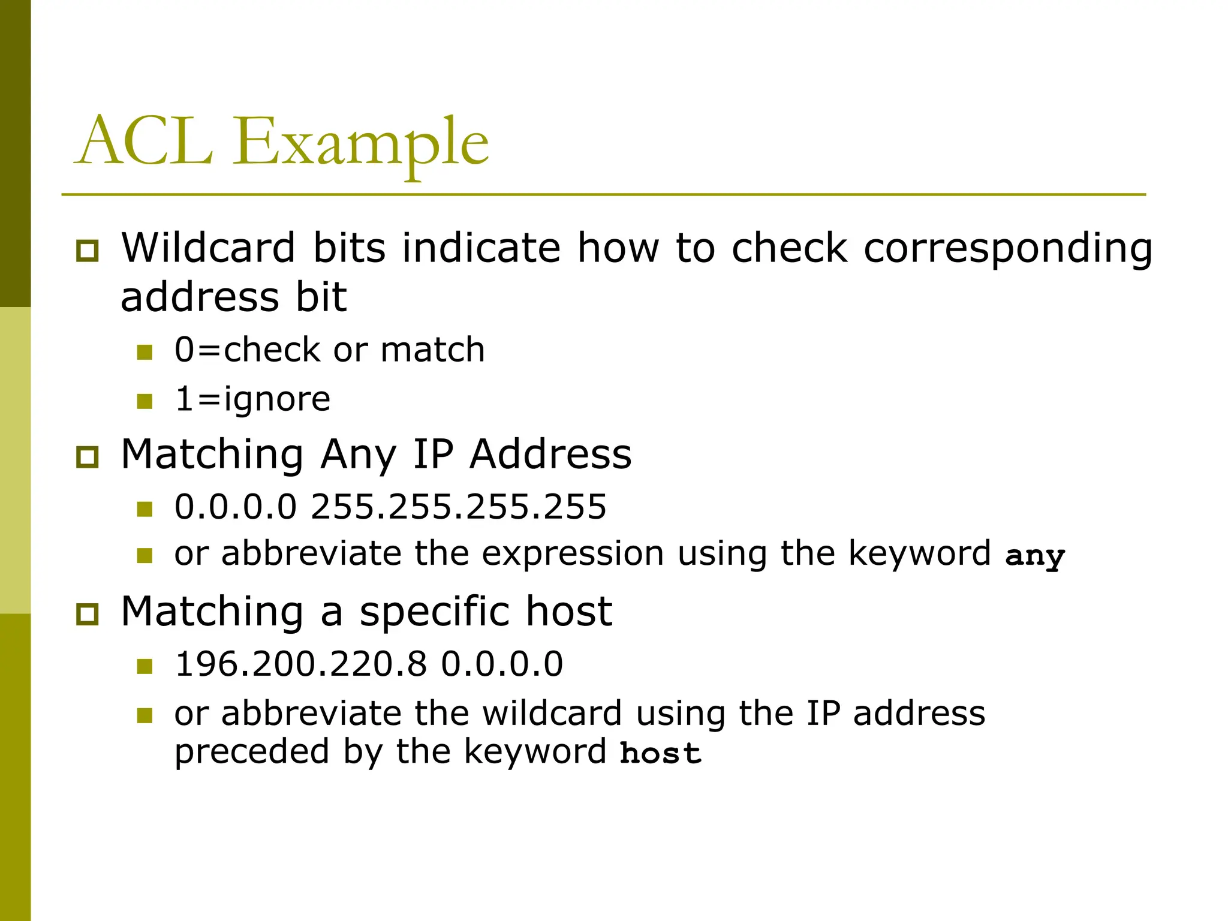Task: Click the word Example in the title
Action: tap(361, 144)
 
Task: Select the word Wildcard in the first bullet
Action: tap(208, 248)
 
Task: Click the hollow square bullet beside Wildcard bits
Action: tap(88, 250)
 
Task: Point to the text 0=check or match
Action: tap(329, 350)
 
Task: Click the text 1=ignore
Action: tap(252, 399)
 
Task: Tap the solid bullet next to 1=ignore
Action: tap(145, 401)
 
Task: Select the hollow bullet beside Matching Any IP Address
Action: tap(88, 457)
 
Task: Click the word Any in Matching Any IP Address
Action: tap(358, 455)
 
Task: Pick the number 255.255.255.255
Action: tap(459, 507)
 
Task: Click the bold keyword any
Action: tap(1035, 556)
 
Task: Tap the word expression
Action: tap(573, 553)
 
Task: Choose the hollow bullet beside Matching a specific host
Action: tap(88, 614)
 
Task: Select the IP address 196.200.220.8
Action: tap(301, 664)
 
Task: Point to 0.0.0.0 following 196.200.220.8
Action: tap(502, 664)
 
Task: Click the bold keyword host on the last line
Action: tap(660, 753)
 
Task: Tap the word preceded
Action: tap(252, 752)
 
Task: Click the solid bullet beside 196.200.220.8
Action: tap(145, 666)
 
